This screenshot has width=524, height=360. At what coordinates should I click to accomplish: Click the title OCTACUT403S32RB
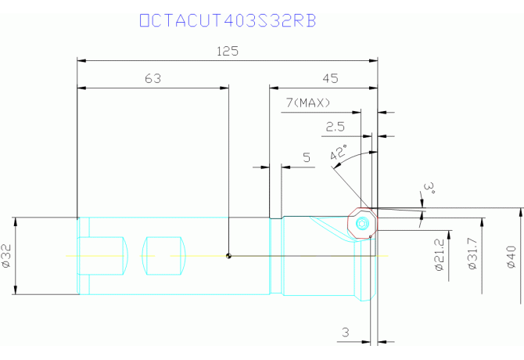pos(228,20)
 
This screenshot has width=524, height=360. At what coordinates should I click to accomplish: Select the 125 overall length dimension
pos(228,52)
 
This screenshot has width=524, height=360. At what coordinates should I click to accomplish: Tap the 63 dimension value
pos(153,78)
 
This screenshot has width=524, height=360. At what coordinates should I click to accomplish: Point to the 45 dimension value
pos(330,78)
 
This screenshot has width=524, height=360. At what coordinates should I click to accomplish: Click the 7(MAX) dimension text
pos(308,103)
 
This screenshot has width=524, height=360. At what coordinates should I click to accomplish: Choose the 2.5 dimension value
pos(336,127)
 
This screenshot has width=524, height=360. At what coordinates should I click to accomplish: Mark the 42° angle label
pos(339,153)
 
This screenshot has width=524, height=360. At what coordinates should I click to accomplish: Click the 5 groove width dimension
pos(307,157)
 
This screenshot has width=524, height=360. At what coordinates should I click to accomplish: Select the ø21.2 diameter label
pos(439,254)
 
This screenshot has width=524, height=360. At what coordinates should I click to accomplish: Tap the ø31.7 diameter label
pos(472,254)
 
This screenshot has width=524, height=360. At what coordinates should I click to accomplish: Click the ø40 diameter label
pos(511,257)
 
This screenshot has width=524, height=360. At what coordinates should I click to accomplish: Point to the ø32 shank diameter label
pos(6,256)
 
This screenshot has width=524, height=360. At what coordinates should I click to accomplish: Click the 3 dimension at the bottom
pos(346,333)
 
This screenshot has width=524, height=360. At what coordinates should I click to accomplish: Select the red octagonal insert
pos(363,223)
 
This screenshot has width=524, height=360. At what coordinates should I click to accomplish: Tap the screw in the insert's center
pos(361,223)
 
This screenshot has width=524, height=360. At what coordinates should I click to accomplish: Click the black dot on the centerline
pos(228,256)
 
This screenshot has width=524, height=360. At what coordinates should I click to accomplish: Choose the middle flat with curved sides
pos(164,256)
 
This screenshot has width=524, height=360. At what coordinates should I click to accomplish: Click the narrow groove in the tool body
pos(276,256)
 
